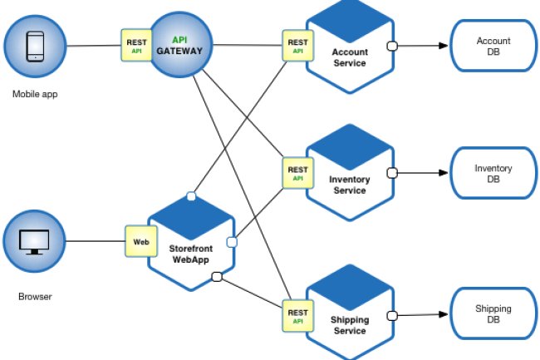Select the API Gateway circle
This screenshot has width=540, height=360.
pyautogui.click(x=179, y=45)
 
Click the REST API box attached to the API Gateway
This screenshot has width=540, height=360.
pyautogui.click(x=135, y=45)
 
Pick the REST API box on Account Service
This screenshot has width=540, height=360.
pyautogui.click(x=297, y=45)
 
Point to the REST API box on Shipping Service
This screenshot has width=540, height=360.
pyautogui.click(x=297, y=315)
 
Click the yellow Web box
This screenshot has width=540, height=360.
pyautogui.click(x=140, y=242)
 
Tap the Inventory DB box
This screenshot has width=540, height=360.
pyautogui.click(x=493, y=174)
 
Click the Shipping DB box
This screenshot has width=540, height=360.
pyautogui.click(x=493, y=314)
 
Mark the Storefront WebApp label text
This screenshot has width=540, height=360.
pyautogui.click(x=191, y=253)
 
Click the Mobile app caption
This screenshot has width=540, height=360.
pyautogui.click(x=34, y=94)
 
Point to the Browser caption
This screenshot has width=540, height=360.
pyautogui.click(x=34, y=296)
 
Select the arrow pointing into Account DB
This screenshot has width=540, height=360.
pyautogui.click(x=441, y=46)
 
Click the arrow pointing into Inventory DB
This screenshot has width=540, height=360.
pyautogui.click(x=441, y=174)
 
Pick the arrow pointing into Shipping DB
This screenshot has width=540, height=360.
pyautogui.click(x=441, y=314)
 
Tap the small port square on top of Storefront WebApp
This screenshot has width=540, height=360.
pyautogui.click(x=191, y=196)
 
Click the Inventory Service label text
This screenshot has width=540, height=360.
pyautogui.click(x=349, y=185)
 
